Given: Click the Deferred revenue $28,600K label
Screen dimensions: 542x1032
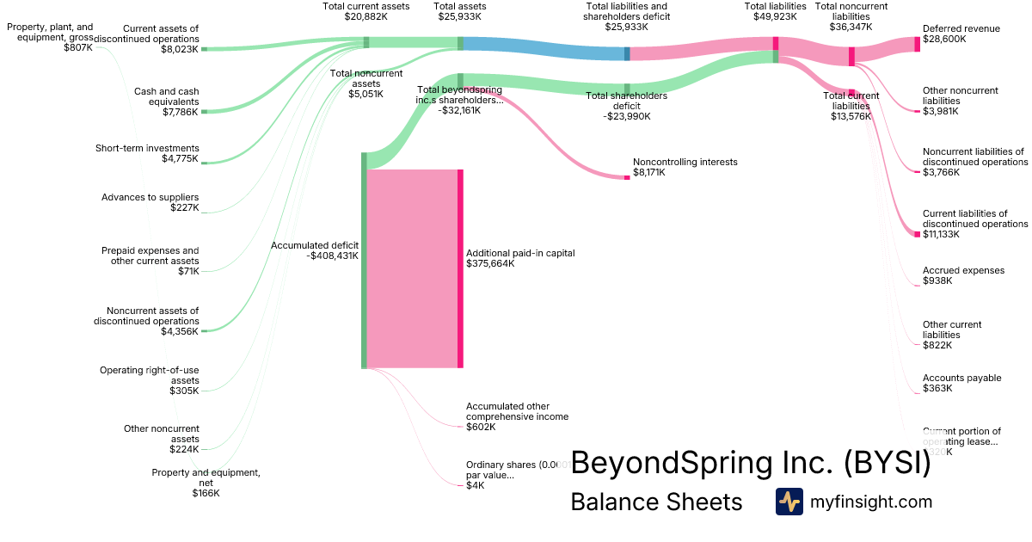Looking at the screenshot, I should coord(961,34).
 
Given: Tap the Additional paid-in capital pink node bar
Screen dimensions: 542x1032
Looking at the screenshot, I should coord(460,268).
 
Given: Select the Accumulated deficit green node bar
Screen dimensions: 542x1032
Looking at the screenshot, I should coord(364,260).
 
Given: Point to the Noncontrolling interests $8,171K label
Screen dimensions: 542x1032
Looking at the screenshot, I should coord(685,167).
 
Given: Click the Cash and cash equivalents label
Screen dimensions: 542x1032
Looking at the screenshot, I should coord(166,102).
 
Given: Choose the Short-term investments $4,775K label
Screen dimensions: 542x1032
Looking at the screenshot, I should coord(147,153).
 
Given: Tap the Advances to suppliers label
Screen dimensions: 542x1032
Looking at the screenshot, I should coord(150,202).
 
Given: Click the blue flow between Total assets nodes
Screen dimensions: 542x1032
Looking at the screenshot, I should coord(543,48).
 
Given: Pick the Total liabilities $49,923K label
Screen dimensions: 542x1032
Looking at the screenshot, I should coord(775,11).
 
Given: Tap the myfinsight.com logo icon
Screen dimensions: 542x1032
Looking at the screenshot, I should coord(789,502).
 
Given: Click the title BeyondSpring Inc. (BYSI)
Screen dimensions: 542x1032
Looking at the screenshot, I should coord(750,463).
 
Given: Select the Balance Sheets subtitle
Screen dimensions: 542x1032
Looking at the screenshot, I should coord(656,502).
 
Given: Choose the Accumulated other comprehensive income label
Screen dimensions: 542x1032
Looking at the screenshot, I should coord(517,416).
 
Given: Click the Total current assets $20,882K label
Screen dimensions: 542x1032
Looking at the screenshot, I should coord(365,11).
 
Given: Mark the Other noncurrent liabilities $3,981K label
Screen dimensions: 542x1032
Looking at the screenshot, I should coord(960,101).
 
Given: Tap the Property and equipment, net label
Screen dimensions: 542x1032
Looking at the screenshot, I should coord(206,483).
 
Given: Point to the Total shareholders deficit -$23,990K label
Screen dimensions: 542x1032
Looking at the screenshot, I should coord(626,106).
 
